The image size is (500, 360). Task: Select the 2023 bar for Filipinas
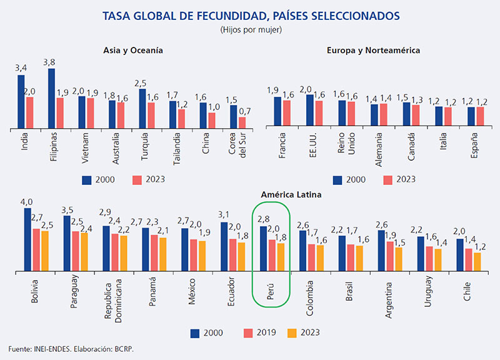tap(60, 113)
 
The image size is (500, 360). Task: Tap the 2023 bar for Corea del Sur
tap(242, 122)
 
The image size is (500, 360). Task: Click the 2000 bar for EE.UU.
tap(310, 109)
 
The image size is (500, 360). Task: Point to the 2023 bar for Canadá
tap(415, 116)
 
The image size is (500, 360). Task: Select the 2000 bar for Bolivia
tap(27, 240)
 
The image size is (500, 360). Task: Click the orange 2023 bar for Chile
tap(477, 262)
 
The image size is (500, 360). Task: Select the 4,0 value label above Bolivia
tap(27, 202)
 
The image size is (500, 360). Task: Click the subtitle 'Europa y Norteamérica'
tap(373, 51)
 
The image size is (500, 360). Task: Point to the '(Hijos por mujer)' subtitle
tap(250, 29)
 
